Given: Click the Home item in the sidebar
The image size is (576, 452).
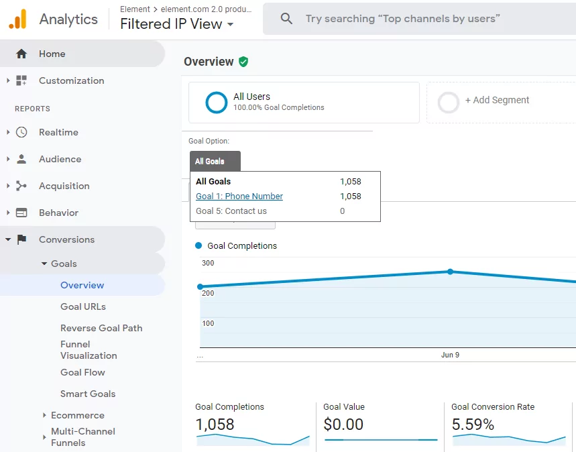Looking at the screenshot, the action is (52, 54).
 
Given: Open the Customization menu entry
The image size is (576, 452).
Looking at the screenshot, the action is (71, 80).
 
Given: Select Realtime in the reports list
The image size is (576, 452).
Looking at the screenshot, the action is (58, 132).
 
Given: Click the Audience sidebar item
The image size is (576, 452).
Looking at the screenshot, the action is (60, 159).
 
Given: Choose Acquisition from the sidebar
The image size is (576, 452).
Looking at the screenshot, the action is (64, 186).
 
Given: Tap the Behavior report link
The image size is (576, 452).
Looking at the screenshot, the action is (58, 213).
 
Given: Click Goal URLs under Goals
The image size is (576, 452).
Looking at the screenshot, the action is (83, 306).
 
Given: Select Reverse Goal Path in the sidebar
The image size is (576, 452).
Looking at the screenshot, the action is (101, 328).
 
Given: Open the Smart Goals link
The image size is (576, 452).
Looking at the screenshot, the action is (88, 394).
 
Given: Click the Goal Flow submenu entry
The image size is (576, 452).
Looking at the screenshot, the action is (82, 372).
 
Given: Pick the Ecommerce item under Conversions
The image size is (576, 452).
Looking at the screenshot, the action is (78, 415).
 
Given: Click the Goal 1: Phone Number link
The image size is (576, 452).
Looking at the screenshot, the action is (239, 196).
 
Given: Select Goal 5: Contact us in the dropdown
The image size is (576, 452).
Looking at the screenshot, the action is (231, 211).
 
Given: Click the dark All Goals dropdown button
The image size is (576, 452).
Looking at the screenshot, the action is (215, 161).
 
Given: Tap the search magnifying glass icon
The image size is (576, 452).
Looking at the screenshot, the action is (286, 18).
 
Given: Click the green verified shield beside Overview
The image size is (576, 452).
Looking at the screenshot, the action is (243, 62).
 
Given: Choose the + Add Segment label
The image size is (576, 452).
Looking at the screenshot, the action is (497, 100).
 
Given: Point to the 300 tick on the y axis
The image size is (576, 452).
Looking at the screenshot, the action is (208, 263).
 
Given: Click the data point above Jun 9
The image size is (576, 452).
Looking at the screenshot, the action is (450, 272).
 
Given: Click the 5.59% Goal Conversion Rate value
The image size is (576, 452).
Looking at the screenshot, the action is (473, 425).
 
